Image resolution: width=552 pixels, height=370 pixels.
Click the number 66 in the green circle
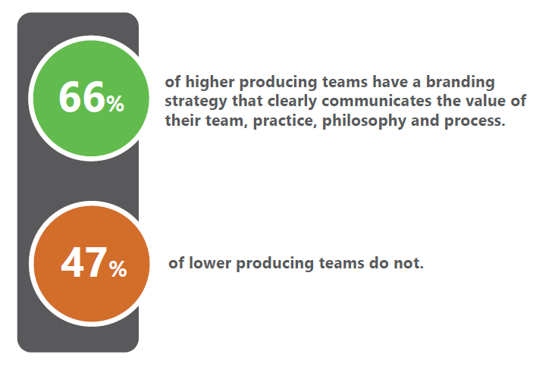82,97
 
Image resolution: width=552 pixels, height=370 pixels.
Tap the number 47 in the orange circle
83,262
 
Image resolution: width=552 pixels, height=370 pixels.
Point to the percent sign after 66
115,104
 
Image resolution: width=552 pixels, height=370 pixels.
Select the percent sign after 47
118,269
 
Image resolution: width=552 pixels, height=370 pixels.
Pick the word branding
460,83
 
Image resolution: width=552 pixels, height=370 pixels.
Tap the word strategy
196,102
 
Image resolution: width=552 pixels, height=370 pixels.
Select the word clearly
292,102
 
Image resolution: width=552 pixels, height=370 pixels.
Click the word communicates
376,102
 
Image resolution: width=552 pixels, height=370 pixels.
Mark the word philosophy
364,121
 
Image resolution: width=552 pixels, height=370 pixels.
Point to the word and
425,121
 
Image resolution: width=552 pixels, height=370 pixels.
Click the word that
247,101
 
